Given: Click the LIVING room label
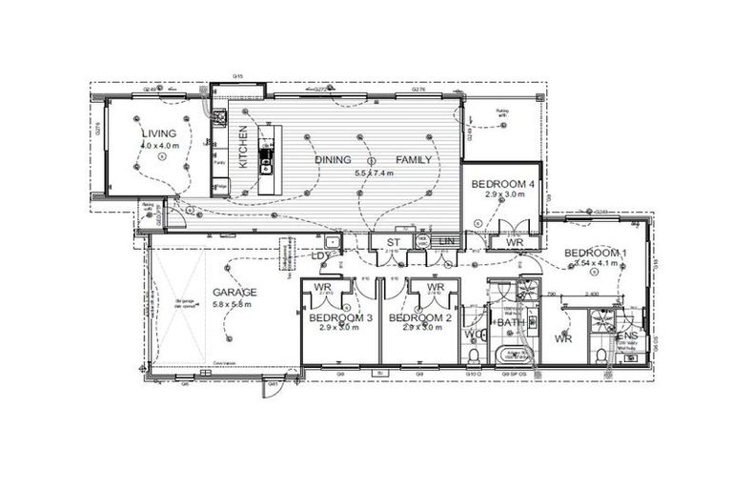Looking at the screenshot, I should click(153, 133).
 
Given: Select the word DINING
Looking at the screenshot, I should click(334, 159).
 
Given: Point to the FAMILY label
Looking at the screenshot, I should click(414, 159).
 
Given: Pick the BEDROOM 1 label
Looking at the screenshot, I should click(595, 253).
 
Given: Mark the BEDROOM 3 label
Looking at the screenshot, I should click(339, 317).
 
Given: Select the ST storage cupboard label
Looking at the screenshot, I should click(391, 244).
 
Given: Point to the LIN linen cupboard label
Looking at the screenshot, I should click(445, 242).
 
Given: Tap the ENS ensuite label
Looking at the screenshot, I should click(626, 336).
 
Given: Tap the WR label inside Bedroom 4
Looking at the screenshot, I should click(515, 243).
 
